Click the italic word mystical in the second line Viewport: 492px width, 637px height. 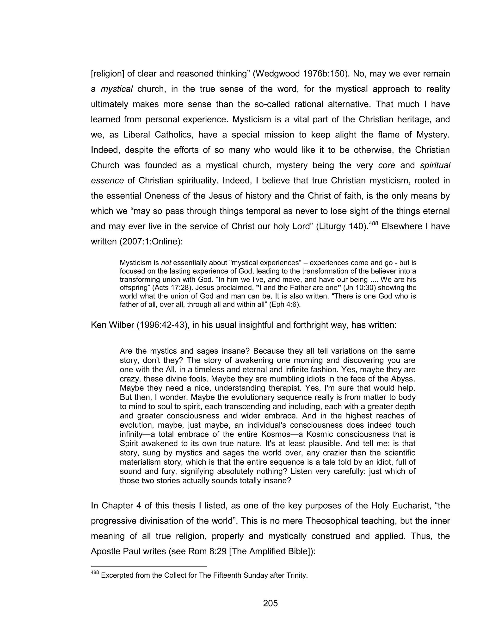(117, 89)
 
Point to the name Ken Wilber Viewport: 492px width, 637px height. (112, 325)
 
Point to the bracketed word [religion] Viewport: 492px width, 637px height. (108, 74)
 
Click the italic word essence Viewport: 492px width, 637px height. (107, 181)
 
